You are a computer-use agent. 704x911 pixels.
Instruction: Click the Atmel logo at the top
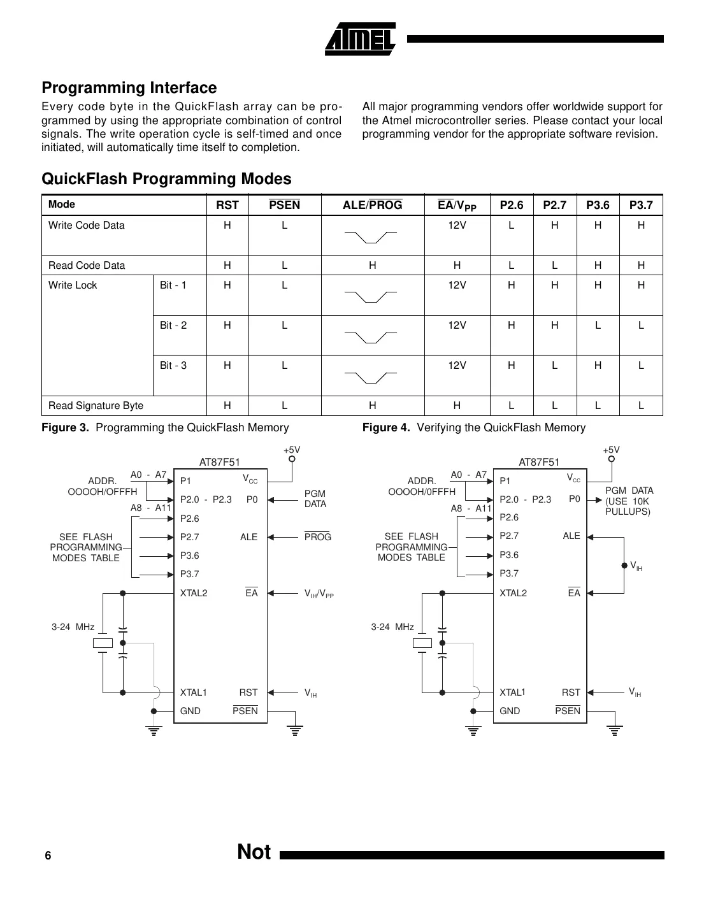click(361, 39)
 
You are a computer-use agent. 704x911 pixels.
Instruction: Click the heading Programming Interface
click(129, 88)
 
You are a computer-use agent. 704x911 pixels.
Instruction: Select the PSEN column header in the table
click(284, 204)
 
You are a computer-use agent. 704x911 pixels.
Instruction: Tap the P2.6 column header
click(511, 204)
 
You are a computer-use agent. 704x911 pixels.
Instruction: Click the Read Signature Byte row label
click(96, 406)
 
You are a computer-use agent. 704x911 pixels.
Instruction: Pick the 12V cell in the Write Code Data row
click(457, 226)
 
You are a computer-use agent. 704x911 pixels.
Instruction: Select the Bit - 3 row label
click(173, 366)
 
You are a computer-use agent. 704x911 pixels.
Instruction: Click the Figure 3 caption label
click(66, 427)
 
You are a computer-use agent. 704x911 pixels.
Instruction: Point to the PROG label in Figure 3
click(317, 537)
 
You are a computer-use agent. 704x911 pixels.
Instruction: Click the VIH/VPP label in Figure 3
click(319, 594)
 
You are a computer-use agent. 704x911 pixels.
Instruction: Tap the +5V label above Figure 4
click(611, 450)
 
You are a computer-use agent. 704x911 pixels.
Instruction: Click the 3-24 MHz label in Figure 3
click(73, 627)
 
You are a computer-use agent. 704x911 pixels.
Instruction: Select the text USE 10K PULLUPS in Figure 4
click(628, 506)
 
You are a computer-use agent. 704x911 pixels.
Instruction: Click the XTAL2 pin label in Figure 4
click(513, 593)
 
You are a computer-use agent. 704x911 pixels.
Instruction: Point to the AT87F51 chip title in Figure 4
click(539, 463)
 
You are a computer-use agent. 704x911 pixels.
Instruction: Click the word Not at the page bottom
click(254, 852)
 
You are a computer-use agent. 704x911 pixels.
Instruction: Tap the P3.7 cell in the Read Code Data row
click(641, 266)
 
